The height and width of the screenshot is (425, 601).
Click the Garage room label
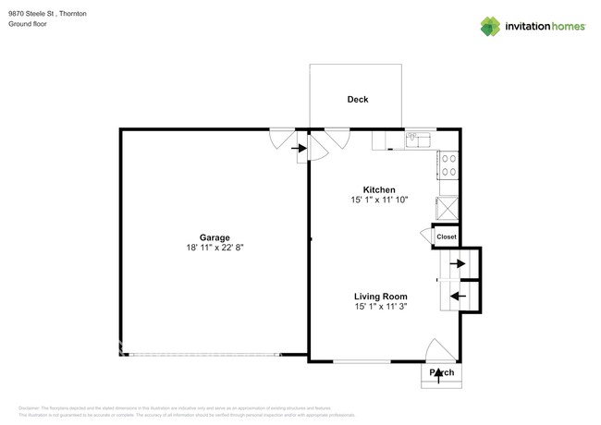(x=215, y=237)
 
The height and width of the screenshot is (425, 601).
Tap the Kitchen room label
(x=379, y=188)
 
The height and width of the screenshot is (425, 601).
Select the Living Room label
(x=379, y=297)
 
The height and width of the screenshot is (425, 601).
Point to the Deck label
(x=357, y=100)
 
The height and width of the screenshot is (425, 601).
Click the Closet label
(x=447, y=237)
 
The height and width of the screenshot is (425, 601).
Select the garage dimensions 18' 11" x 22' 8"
(x=215, y=249)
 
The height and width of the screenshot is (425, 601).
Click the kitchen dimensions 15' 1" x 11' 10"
(x=379, y=200)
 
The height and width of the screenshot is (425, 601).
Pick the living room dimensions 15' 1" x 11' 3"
(x=379, y=308)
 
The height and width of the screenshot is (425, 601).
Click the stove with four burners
(x=448, y=165)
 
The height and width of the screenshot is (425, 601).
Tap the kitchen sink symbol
(x=419, y=140)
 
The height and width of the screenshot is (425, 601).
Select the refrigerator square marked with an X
(x=448, y=206)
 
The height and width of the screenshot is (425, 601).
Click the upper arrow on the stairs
(x=457, y=263)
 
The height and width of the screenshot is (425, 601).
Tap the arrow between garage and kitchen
(x=300, y=147)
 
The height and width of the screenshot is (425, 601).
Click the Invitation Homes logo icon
(x=489, y=25)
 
